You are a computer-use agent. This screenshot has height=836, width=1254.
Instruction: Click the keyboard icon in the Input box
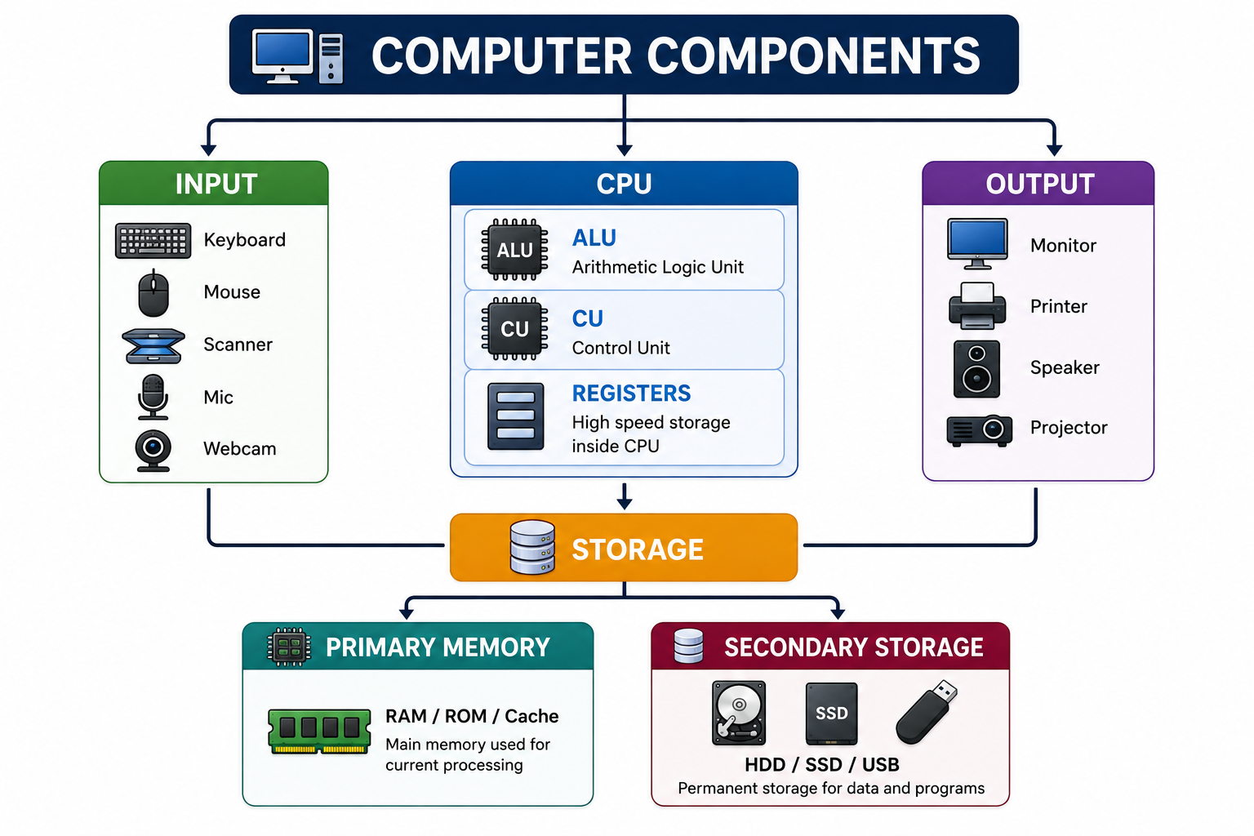[153, 241]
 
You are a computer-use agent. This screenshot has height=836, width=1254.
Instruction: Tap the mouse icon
[153, 293]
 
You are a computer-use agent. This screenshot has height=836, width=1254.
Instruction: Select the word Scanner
[238, 345]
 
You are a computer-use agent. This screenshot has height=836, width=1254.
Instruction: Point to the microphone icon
[153, 397]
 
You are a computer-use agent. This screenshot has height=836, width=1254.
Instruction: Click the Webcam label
[239, 448]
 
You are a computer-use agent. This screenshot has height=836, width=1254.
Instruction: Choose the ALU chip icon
[514, 250]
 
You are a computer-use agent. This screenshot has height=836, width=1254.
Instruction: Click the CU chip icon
[514, 329]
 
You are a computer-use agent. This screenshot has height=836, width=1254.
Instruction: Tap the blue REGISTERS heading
[631, 394]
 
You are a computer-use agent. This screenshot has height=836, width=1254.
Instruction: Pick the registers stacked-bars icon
[516, 416]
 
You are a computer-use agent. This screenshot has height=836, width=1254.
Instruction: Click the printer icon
[977, 305]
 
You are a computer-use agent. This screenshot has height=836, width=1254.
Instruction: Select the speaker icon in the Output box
[977, 369]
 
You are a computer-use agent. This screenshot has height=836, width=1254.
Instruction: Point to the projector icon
[979, 430]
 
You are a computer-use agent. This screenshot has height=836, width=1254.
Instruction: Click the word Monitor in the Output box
[1063, 245]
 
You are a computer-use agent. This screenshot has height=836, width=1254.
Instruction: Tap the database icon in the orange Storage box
[532, 547]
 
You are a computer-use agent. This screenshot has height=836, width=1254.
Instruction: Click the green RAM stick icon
[319, 731]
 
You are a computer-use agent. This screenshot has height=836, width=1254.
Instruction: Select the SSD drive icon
[831, 714]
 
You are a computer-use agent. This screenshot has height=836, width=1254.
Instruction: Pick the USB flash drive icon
[927, 712]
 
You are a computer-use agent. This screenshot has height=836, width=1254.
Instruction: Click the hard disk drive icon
[739, 713]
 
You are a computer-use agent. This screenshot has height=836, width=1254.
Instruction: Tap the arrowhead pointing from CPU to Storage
[625, 503]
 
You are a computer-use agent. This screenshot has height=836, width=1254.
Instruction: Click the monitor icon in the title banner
[282, 56]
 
